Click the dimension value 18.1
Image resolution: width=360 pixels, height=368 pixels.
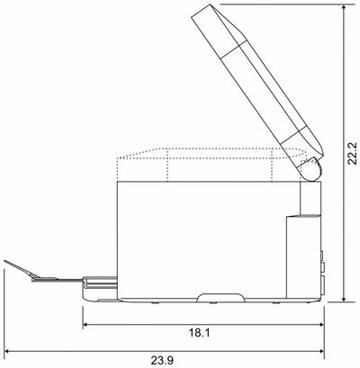201,332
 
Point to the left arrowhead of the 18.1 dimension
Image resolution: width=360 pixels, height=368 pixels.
86,319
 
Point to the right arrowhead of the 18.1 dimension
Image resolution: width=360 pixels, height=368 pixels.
319,319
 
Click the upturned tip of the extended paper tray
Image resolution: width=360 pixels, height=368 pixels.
8,263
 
